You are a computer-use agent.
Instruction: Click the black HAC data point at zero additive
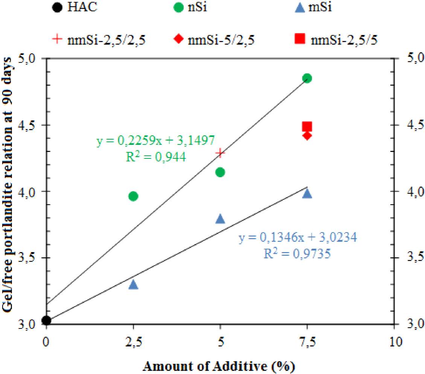[x=46, y=321]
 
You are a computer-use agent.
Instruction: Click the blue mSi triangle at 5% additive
[x=220, y=219]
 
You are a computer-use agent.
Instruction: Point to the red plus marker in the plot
[x=220, y=152]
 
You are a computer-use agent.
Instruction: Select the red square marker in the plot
[x=307, y=126]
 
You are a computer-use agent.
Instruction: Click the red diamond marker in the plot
[x=307, y=135]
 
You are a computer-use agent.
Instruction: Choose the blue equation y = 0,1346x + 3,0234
[x=297, y=238]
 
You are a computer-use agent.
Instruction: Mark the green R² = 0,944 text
[x=155, y=157]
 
